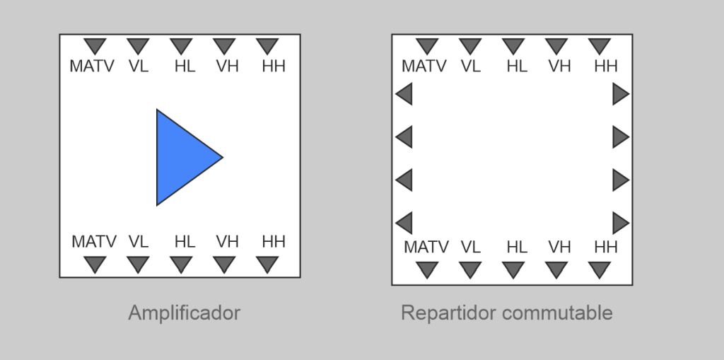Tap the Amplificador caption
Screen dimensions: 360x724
tap(184, 313)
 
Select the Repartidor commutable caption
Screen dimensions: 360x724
tap(506, 313)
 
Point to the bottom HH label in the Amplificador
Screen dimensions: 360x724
tap(274, 242)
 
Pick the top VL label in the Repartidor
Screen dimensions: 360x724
tap(470, 66)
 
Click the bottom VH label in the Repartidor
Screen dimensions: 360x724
tap(559, 248)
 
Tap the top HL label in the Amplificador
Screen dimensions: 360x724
tap(185, 66)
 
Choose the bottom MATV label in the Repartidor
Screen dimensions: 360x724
tap(426, 248)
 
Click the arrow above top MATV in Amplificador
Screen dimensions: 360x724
tap(95, 46)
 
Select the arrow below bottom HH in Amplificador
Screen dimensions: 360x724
tap(267, 264)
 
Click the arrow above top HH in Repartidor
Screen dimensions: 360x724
tap(600, 46)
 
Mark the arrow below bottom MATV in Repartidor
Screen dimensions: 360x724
tap(427, 269)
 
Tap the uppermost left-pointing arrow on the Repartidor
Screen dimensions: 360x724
tap(404, 93)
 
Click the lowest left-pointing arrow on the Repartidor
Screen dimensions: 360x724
tap(404, 223)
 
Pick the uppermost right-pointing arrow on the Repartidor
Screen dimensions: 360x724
tap(620, 93)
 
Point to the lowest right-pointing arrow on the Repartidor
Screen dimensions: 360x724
tap(620, 223)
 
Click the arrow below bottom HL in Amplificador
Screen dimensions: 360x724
tap(181, 264)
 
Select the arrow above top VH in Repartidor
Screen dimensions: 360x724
tap(556, 46)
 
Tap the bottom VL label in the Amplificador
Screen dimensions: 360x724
tap(139, 242)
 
